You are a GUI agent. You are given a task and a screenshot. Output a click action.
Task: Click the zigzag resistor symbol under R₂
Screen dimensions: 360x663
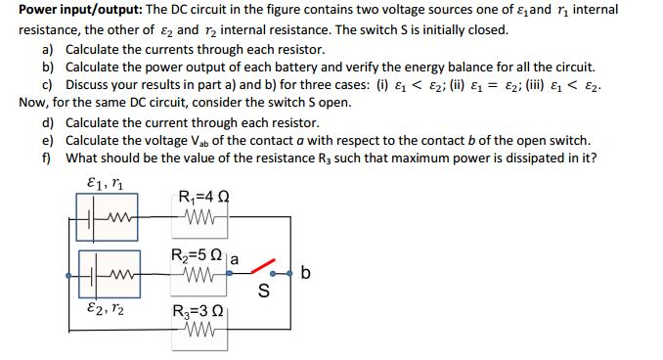[x=201, y=277]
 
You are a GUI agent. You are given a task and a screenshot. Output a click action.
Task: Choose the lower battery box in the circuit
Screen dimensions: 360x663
[x=108, y=277]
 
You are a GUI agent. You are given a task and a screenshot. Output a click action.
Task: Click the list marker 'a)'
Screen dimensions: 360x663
[x=47, y=49]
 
